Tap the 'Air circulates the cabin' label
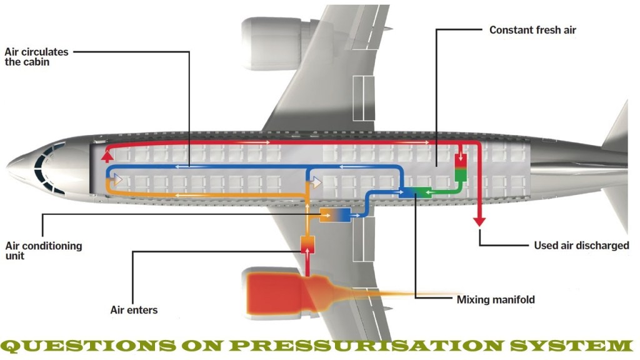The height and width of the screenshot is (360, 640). [36, 57]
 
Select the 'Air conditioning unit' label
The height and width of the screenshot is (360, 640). [43, 251]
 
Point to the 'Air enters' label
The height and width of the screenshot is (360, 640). [134, 309]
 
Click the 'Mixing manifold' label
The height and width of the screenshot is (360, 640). [496, 299]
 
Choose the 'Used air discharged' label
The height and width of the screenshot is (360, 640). [581, 245]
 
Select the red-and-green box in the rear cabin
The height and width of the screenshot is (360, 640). [460, 166]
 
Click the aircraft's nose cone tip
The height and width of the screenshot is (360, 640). [9, 167]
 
